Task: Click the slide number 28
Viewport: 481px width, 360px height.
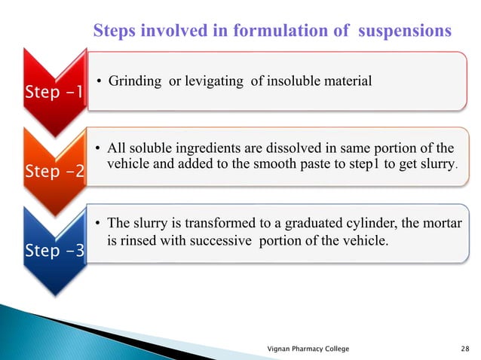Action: [463, 347]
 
